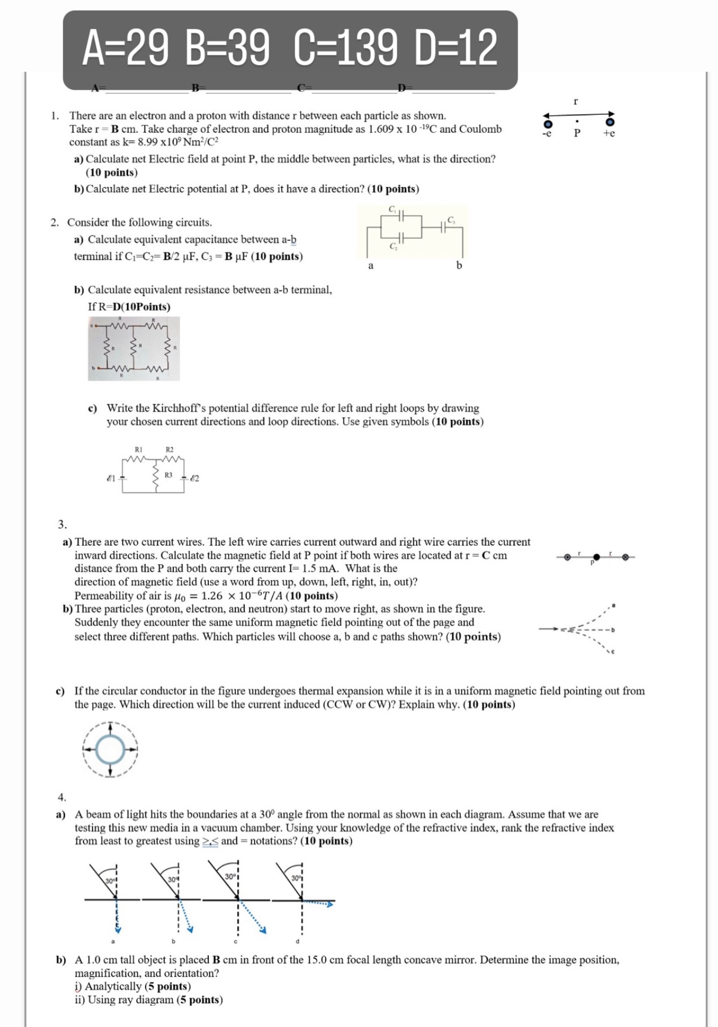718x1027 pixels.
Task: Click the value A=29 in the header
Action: point(125,48)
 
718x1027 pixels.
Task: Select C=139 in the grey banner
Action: point(345,48)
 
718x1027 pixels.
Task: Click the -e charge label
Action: point(546,134)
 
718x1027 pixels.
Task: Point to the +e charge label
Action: point(609,134)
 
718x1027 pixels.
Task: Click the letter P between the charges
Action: point(577,134)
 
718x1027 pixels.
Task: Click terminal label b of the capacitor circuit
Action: point(459,266)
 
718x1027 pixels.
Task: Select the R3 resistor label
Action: point(168,475)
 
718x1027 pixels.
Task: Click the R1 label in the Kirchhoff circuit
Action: point(138,450)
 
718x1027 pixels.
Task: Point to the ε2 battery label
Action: point(194,478)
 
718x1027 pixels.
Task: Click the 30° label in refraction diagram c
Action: point(230,877)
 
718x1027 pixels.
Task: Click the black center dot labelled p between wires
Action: point(596,558)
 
